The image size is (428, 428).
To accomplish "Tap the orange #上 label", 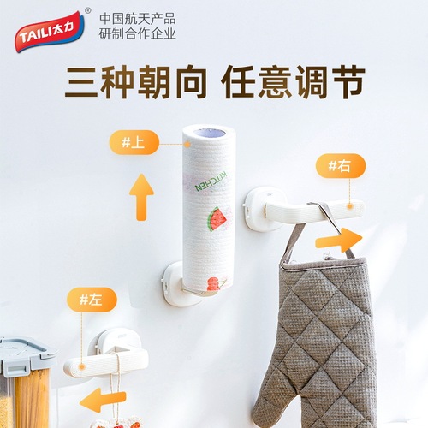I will click(x=134, y=142).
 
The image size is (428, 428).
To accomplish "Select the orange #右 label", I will click(x=340, y=166).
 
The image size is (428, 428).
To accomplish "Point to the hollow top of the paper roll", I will click(x=208, y=134).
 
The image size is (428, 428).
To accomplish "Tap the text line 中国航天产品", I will click(x=138, y=17).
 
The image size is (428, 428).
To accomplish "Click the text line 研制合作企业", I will click(x=138, y=34).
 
